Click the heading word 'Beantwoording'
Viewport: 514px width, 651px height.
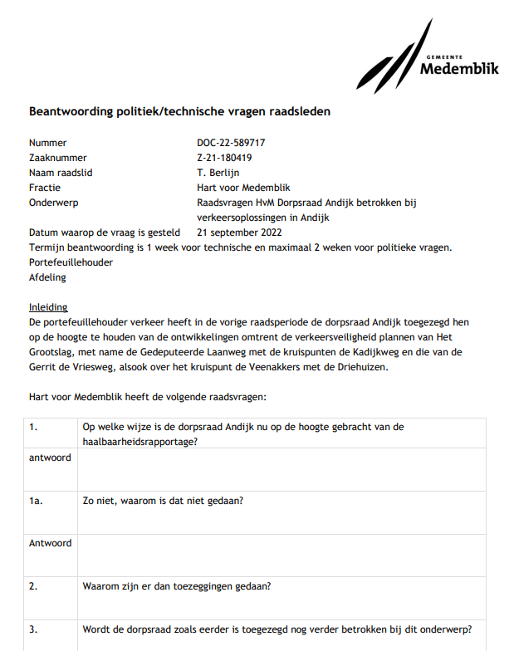[x=69, y=111]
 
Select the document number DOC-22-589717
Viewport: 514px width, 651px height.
[x=231, y=143]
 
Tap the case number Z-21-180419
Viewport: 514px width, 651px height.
[x=224, y=158]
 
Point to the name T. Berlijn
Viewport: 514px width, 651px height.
[x=218, y=173]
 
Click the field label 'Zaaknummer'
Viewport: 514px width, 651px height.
[x=58, y=158]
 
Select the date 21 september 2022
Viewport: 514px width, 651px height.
[x=239, y=232]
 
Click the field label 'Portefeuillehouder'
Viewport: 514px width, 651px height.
[x=71, y=262]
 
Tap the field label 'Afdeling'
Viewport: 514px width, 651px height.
[x=47, y=277]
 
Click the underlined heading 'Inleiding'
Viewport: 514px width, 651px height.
[x=48, y=307]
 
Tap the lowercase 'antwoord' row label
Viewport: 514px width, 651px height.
[x=50, y=458]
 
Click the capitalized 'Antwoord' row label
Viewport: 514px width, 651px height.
[x=50, y=543]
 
